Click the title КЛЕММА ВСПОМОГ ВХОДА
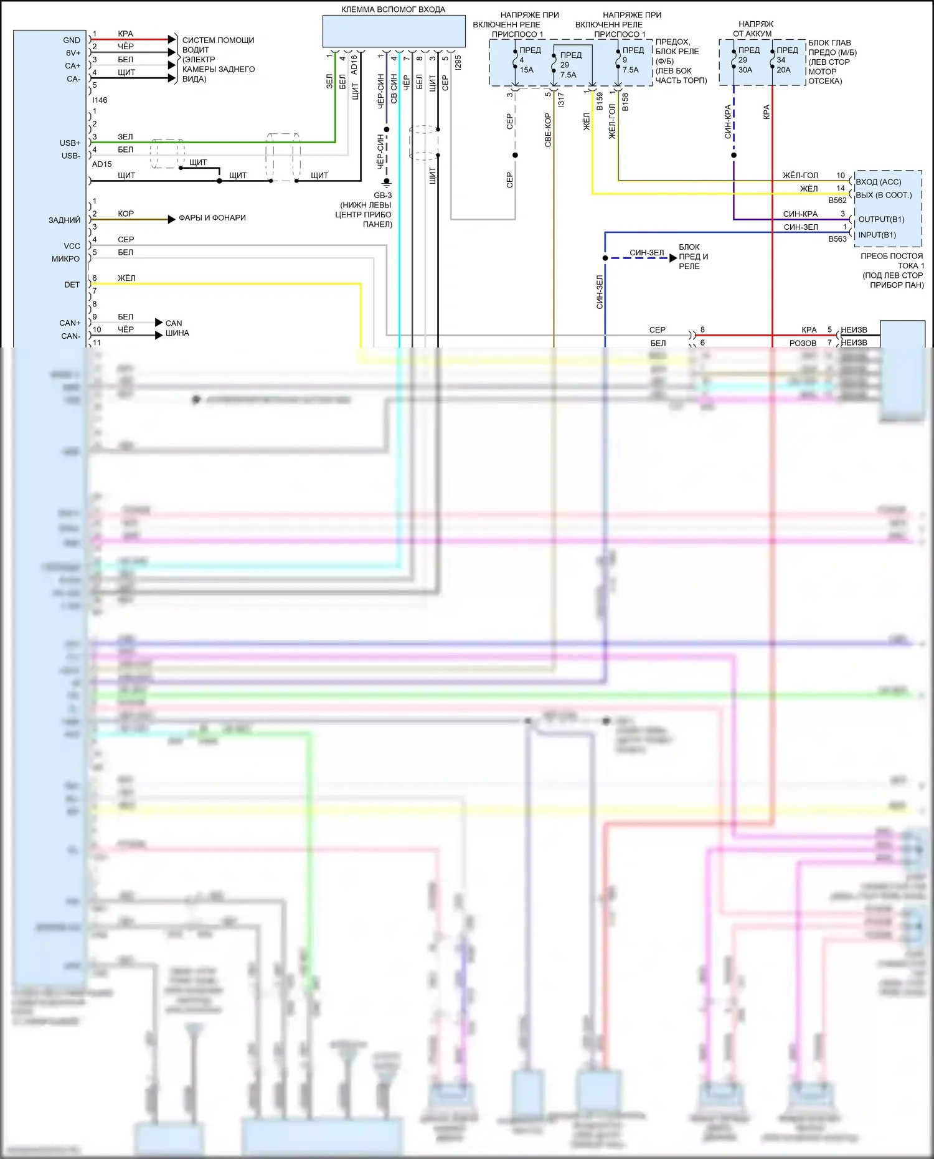[393, 9]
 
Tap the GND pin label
[72, 40]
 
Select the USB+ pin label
[70, 143]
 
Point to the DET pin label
[72, 285]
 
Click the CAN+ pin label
[70, 323]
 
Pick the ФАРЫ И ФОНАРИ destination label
[212, 217]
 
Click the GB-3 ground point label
[382, 195]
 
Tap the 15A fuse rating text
[527, 70]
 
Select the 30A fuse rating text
[745, 70]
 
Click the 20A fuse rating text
[783, 70]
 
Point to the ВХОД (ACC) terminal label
[878, 182]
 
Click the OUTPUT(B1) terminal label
[881, 219]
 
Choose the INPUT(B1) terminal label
[877, 235]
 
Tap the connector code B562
[837, 201]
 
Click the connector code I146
[100, 100]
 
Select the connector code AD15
[101, 164]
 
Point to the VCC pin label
[72, 246]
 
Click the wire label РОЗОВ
[803, 343]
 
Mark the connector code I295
[458, 62]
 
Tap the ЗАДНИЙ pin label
[64, 220]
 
